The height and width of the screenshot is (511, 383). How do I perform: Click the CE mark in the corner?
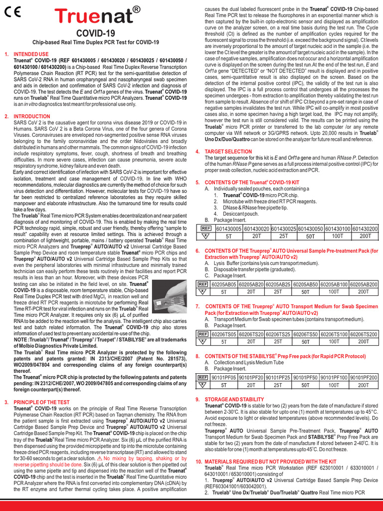point(12,14)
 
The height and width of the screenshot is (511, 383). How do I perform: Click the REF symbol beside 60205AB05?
point(203,284)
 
